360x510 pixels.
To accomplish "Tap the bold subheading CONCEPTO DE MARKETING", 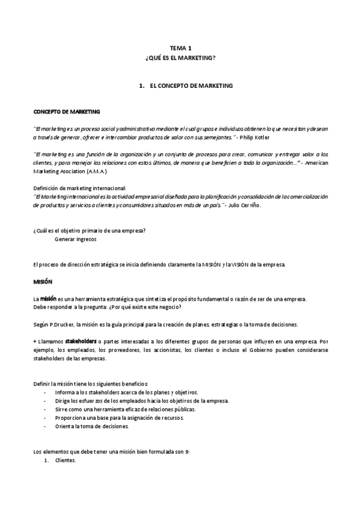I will click(x=66, y=112).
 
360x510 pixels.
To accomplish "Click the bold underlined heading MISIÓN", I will click(x=43, y=281).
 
